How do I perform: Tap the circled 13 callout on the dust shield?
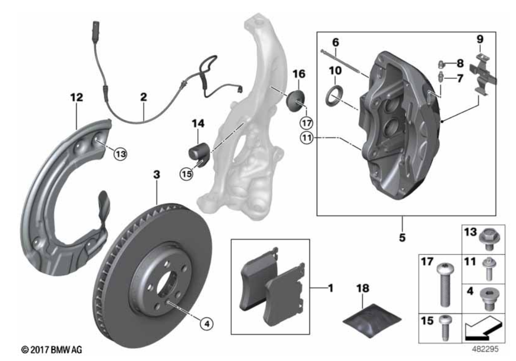click(x=120, y=152)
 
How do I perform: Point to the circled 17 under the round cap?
click(x=306, y=122)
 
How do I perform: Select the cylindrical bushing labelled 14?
click(x=199, y=152)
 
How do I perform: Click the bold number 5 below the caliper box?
click(x=402, y=237)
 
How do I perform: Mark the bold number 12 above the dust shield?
click(x=76, y=98)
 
